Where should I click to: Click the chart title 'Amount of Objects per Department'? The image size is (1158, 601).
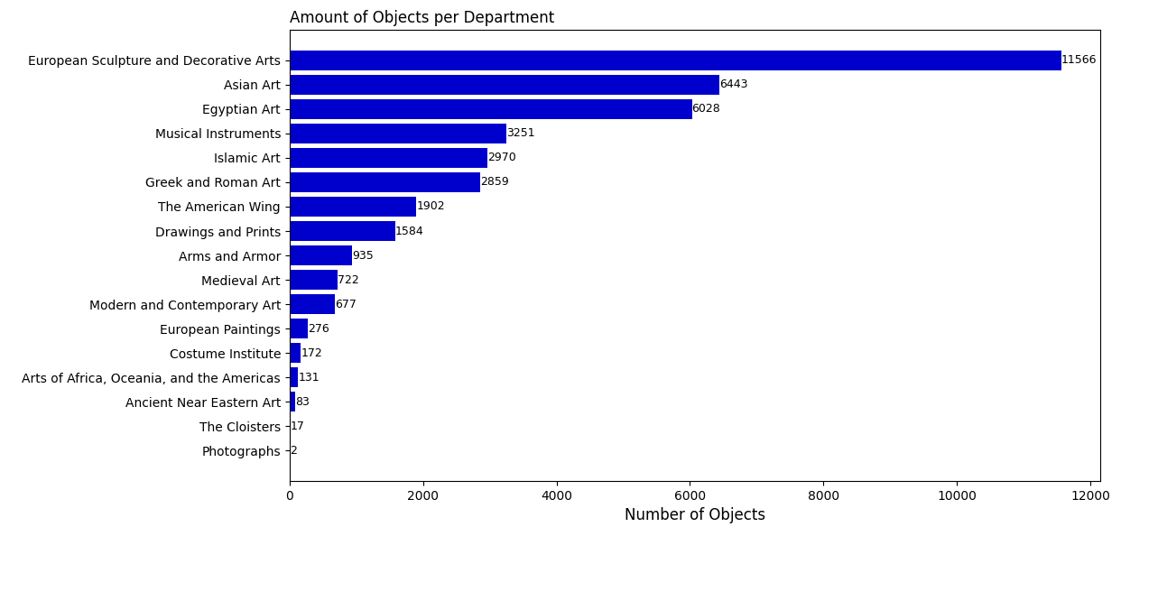click(422, 18)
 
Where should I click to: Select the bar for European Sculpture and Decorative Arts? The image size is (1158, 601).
click(675, 60)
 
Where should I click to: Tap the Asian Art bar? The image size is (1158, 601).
click(505, 85)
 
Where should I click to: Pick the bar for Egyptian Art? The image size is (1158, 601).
click(491, 109)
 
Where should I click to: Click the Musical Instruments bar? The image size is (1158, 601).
click(398, 134)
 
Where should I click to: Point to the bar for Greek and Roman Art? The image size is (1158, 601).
click(384, 182)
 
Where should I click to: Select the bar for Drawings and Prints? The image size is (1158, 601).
click(342, 232)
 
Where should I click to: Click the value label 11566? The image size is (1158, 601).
click(1079, 60)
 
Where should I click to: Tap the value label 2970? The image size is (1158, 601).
click(502, 158)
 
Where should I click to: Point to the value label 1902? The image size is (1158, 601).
click(431, 207)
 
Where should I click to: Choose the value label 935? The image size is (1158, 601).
click(363, 256)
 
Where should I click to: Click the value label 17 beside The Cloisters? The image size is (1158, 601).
click(297, 427)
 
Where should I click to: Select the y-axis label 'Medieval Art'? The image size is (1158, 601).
click(241, 281)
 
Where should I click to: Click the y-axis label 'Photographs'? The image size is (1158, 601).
click(241, 451)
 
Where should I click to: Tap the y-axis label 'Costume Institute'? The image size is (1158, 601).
click(225, 354)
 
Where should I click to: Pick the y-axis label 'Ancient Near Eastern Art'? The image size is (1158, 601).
click(203, 402)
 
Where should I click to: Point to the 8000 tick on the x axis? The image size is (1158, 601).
click(823, 495)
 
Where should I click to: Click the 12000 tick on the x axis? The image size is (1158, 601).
click(1090, 495)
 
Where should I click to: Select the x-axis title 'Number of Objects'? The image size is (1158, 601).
click(694, 515)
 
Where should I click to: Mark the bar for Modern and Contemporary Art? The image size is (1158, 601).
click(312, 305)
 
